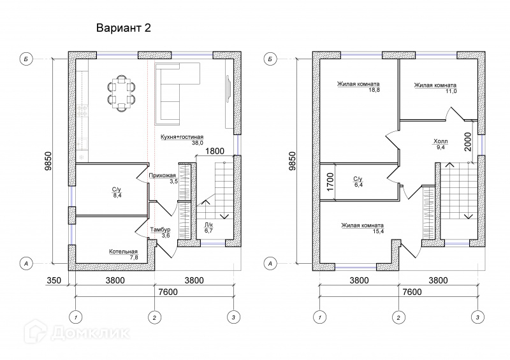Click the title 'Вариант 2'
(x=124, y=29)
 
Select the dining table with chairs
(x=122, y=93)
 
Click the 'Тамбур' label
(x=160, y=229)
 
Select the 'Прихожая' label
(x=162, y=175)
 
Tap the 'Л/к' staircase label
(x=208, y=226)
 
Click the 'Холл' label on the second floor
(x=440, y=141)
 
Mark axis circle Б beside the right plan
(x=271, y=59)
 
